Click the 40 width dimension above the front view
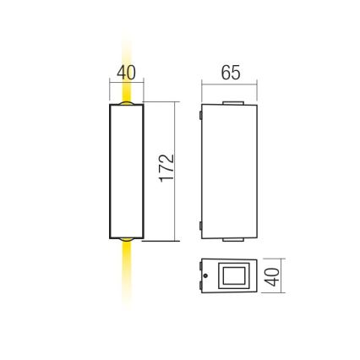pyautogui.click(x=126, y=74)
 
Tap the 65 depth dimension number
pyautogui.click(x=230, y=74)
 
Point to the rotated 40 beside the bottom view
pyautogui.click(x=273, y=277)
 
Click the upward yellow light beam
pyautogui.click(x=126, y=51)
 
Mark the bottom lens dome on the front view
pyautogui.click(x=126, y=240)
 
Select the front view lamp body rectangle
pyautogui.click(x=126, y=172)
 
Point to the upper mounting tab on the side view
pyautogui.click(x=200, y=112)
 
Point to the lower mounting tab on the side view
pyautogui.click(x=200, y=226)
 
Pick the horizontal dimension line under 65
pyautogui.click(x=230, y=85)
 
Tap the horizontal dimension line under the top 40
pyautogui.click(x=126, y=85)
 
